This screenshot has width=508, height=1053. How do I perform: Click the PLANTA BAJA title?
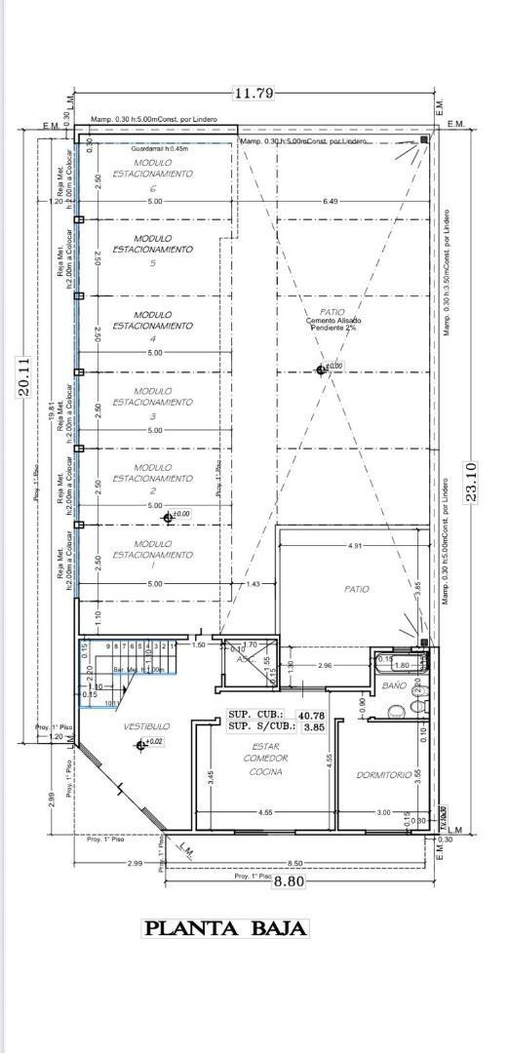(226, 928)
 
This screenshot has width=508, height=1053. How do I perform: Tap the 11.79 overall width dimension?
(254, 94)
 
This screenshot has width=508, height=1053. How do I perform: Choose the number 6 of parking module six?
(153, 188)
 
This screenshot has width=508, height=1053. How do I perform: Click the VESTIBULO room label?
(146, 726)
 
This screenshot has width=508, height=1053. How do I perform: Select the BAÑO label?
(394, 686)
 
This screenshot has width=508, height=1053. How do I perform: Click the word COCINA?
(264, 772)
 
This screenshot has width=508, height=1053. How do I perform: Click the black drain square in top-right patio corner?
(425, 141)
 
